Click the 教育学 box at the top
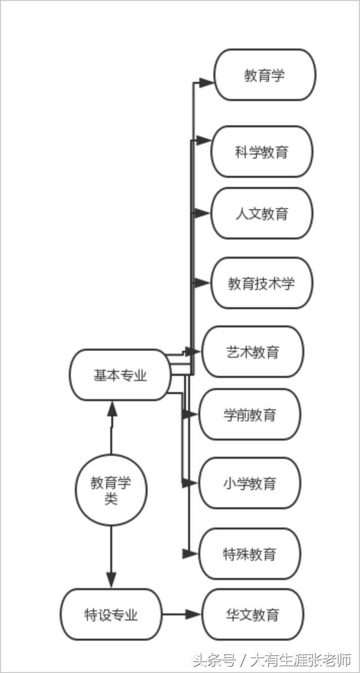264,75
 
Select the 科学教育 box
261,152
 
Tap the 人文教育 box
261,213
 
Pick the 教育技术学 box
261,283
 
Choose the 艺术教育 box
252,352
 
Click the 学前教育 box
249,414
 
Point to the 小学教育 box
249,483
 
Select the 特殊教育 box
249,554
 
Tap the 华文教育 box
252,614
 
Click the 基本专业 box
120,375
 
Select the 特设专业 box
111,614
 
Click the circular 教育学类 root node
111,489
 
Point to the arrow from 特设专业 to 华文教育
182,614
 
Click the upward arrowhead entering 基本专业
112,408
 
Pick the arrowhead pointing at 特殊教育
190,554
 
